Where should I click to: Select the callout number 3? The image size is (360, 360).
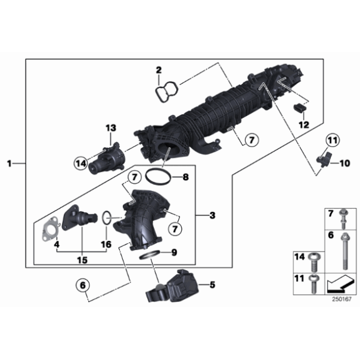pyautogui.click(x=212, y=216)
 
